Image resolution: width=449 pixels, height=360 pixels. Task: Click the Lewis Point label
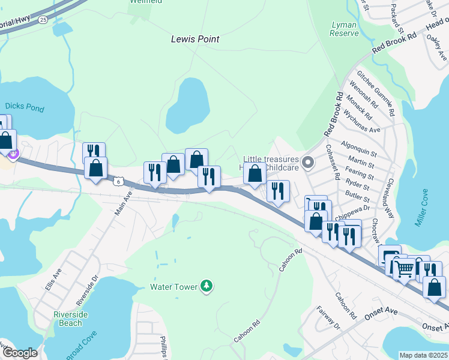pos(195,39)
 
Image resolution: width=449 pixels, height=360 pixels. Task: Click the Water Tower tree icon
pos(206,286)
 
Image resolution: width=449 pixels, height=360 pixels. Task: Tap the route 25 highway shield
pos(42,19)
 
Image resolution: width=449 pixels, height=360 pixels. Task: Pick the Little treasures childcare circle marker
pos(308,162)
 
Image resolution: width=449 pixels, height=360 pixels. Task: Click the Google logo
pos(19,353)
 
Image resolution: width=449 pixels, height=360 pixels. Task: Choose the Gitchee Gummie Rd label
pos(376,93)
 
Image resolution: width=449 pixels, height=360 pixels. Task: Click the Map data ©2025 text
pos(423,355)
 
